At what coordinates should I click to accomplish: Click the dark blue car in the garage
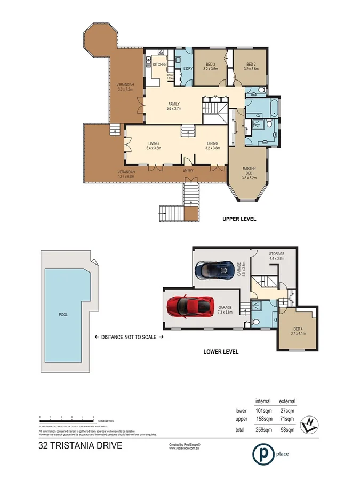click(x=214, y=270)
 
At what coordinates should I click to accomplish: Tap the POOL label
click(x=63, y=314)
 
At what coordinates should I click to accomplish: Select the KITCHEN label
click(x=159, y=65)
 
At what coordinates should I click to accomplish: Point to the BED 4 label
click(x=297, y=331)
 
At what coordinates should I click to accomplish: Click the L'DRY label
click(x=188, y=69)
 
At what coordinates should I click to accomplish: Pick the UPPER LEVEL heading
click(x=239, y=219)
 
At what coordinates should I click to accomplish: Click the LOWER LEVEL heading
click(x=221, y=351)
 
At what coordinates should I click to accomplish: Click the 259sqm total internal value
click(x=263, y=429)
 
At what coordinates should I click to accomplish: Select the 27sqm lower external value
click(x=288, y=411)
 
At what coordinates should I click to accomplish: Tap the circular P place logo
click(x=261, y=454)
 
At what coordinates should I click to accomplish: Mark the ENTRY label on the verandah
click(x=188, y=170)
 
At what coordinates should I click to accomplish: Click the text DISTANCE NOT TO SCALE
click(x=127, y=337)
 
